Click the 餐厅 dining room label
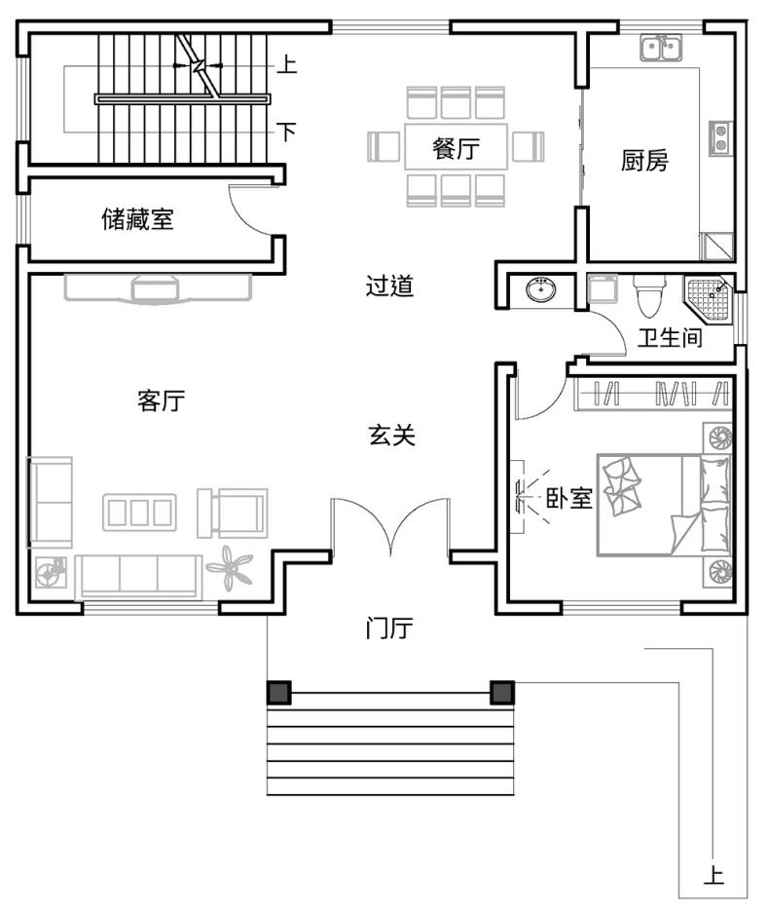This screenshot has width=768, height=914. pos(456,148)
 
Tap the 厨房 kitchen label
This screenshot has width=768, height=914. pos(644,161)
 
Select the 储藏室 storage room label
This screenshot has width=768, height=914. pos(137,219)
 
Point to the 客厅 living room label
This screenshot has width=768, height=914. pos(162,400)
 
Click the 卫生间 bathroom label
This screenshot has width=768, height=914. pos(670,337)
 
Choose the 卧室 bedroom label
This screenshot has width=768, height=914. pos(568,498)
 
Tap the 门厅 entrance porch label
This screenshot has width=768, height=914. pos(389,628)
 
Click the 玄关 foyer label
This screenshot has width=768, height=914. pos(392,435)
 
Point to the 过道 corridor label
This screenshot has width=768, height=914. pos(389,286)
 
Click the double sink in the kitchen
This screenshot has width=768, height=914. pos(662,48)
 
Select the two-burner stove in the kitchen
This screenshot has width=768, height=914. pos(720,138)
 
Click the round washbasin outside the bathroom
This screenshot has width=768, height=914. pos(541,289)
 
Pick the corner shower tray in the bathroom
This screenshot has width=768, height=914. pos(708,299)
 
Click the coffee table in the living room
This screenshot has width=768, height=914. pos(140,513)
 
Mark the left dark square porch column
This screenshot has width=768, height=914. pos(279,693)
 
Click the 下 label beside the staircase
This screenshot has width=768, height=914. pos(286,132)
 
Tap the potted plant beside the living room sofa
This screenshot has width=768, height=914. pos(231,567)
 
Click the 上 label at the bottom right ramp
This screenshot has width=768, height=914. pos(713,875)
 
